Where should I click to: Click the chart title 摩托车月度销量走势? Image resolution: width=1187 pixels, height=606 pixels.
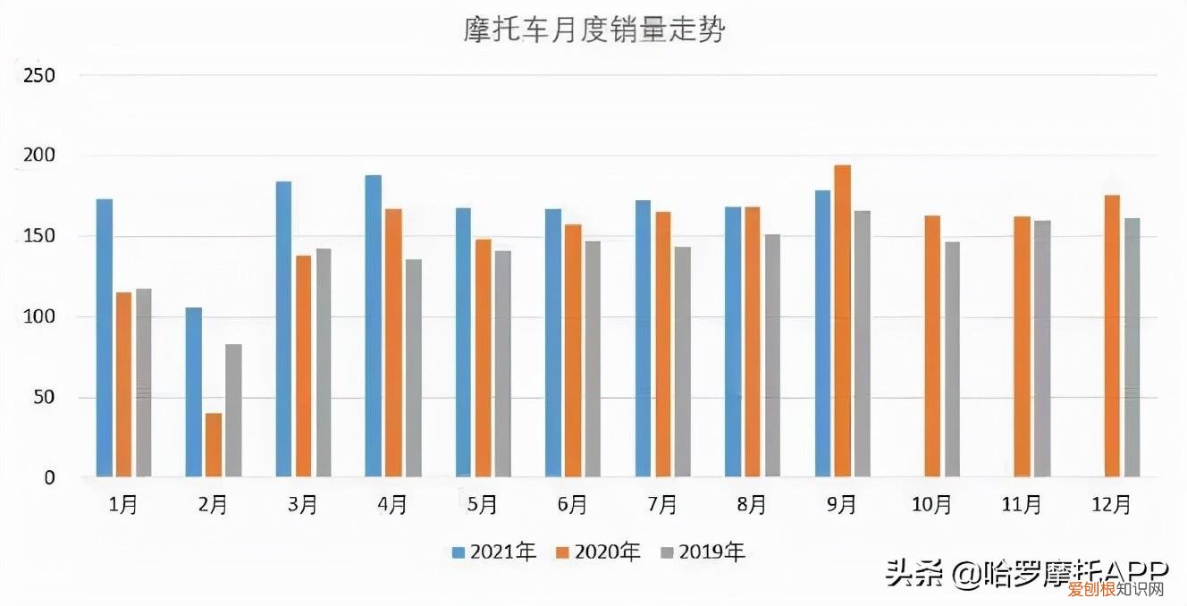[x=593, y=30]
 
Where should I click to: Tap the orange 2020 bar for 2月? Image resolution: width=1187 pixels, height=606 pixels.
[x=214, y=444]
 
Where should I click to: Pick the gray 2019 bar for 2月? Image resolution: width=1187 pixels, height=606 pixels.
[x=233, y=410]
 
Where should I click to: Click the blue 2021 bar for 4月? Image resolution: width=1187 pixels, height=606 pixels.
[x=374, y=326]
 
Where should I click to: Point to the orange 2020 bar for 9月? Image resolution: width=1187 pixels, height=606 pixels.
[x=842, y=321]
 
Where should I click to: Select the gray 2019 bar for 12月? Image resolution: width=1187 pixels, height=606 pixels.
[x=1132, y=348]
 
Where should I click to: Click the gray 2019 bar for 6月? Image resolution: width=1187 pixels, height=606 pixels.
[x=592, y=358]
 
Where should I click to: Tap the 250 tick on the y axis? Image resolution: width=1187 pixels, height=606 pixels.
[x=39, y=75]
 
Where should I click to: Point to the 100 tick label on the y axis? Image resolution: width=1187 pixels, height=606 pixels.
[x=39, y=317]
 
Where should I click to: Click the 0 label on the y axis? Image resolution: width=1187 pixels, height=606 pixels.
[x=49, y=478]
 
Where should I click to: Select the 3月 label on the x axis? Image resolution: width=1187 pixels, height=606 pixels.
[x=303, y=505]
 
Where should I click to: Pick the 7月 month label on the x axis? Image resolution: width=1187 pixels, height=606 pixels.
[x=662, y=505]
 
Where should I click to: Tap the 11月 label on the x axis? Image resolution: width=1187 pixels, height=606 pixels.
[x=1021, y=505]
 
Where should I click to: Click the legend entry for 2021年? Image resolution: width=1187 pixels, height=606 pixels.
[x=494, y=552]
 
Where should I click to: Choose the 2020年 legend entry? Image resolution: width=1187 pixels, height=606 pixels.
[x=598, y=552]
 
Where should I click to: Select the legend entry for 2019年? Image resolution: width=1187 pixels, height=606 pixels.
[x=703, y=552]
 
